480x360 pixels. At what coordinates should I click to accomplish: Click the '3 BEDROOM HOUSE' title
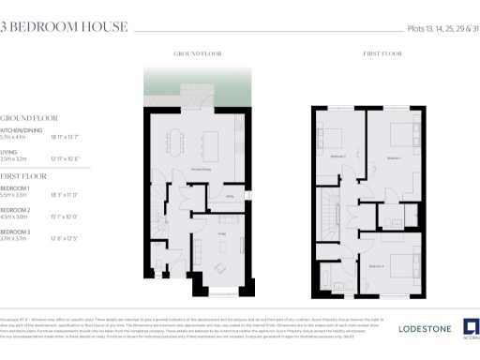[x=64, y=26]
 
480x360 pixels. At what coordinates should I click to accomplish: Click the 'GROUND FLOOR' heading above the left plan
[x=196, y=55]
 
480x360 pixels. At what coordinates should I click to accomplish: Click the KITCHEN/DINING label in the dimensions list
[x=20, y=130]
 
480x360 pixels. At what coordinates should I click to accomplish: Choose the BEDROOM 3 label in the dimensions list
[x=16, y=231]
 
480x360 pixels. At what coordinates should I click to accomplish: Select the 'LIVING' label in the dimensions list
[x=9, y=150]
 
